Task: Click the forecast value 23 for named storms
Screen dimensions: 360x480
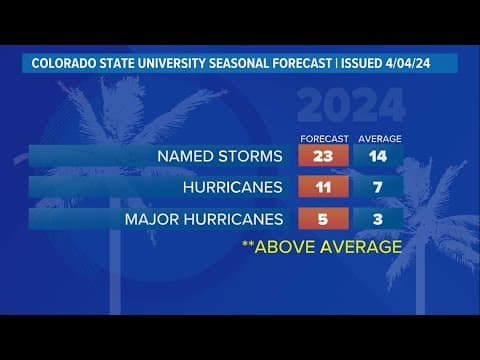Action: (x=323, y=157)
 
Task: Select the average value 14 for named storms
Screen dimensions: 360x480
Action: (x=377, y=157)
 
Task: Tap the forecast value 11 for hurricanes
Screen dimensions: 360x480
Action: (x=323, y=187)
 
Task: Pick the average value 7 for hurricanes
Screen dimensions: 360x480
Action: (x=377, y=187)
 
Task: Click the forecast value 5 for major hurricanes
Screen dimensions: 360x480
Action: (x=323, y=218)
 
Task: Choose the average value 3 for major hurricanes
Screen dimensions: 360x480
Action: (x=377, y=218)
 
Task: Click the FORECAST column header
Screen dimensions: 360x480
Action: (x=323, y=138)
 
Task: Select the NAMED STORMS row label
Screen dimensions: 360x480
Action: (x=221, y=157)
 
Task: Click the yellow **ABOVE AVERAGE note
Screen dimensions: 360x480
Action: (x=321, y=246)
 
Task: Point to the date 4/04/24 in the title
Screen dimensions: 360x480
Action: (x=426, y=63)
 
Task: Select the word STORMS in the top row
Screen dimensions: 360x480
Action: (x=255, y=157)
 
